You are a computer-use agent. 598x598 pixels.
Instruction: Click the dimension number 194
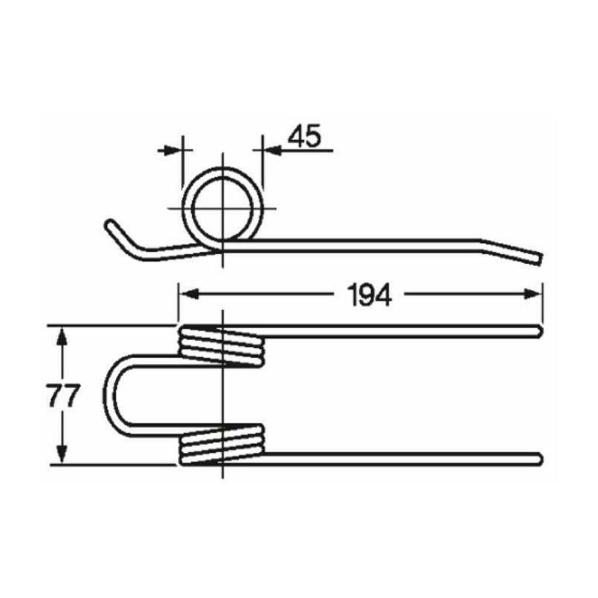tap(369, 296)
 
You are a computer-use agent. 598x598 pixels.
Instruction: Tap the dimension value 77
tap(63, 396)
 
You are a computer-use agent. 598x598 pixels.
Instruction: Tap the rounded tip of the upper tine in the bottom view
tap(537, 331)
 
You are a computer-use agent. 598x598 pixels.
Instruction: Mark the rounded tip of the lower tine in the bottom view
tap(537, 457)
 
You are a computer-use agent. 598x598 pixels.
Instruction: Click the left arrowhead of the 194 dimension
tap(185, 295)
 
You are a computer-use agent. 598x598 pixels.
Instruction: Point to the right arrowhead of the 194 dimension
tap(535, 295)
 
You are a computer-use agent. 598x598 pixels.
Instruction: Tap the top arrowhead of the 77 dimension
tap(63, 333)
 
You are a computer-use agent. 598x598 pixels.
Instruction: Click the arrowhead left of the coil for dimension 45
tap(176, 149)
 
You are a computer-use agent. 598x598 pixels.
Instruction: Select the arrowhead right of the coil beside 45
tap(268, 149)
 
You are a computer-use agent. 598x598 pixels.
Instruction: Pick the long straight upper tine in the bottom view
tap(404, 331)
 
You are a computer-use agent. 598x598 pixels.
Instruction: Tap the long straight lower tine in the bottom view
tap(404, 457)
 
